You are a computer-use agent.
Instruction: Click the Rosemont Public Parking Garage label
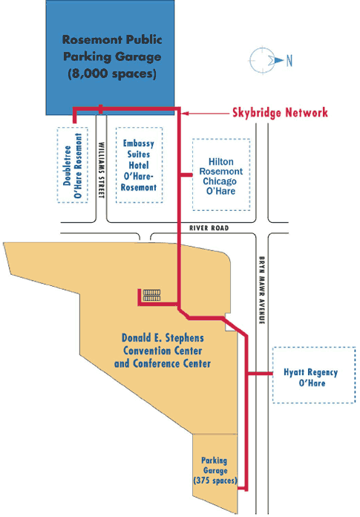112,56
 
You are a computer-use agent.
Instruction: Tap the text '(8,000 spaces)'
112,74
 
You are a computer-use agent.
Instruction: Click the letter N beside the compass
289,61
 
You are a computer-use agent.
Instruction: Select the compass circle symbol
262,60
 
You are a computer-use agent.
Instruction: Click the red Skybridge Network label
280,112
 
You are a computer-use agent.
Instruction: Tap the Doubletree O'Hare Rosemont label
73,166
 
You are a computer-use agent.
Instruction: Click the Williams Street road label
102,170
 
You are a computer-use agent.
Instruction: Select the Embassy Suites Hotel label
139,165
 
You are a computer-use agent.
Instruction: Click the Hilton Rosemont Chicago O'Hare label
221,176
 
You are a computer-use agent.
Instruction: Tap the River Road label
209,228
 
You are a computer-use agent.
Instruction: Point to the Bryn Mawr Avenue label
262,290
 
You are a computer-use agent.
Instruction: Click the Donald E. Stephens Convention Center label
163,351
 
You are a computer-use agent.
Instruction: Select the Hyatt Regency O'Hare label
311,377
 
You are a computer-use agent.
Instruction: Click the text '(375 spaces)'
215,480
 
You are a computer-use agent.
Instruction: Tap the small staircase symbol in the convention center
152,295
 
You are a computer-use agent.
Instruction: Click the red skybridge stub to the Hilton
186,175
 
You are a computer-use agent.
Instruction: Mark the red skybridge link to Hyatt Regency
261,374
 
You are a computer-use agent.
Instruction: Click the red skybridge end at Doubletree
75,121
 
